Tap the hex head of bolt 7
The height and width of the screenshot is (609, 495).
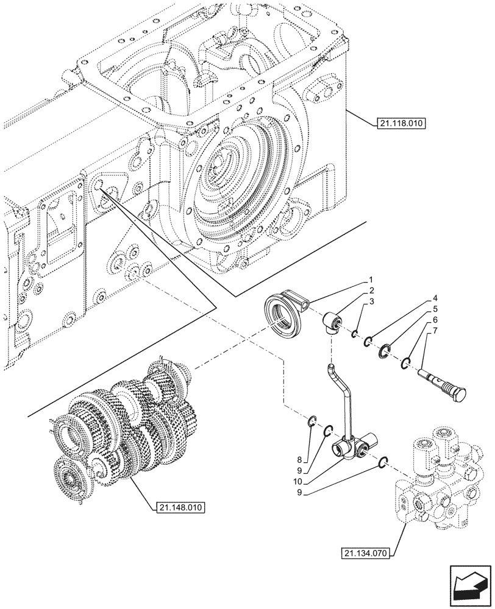click(454, 396)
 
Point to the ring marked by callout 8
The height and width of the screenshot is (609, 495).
click(311, 420)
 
